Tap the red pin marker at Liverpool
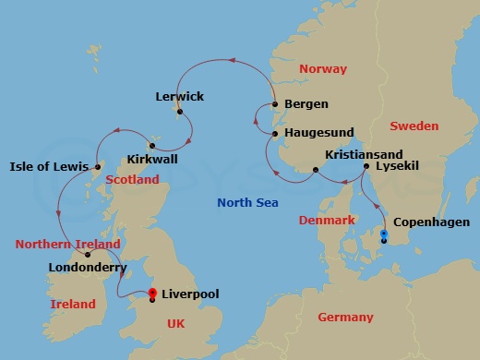[x=152, y=294]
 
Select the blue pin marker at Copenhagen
[x=384, y=236]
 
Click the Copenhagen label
[x=431, y=222]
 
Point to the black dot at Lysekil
[x=366, y=166]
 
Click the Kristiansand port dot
[x=316, y=170]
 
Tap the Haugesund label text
[x=320, y=134]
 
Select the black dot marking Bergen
[x=275, y=104]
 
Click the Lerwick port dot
[x=180, y=113]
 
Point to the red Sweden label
[x=414, y=126]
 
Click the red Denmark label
[x=327, y=221]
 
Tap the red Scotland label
[x=132, y=180]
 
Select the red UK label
[x=174, y=324]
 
